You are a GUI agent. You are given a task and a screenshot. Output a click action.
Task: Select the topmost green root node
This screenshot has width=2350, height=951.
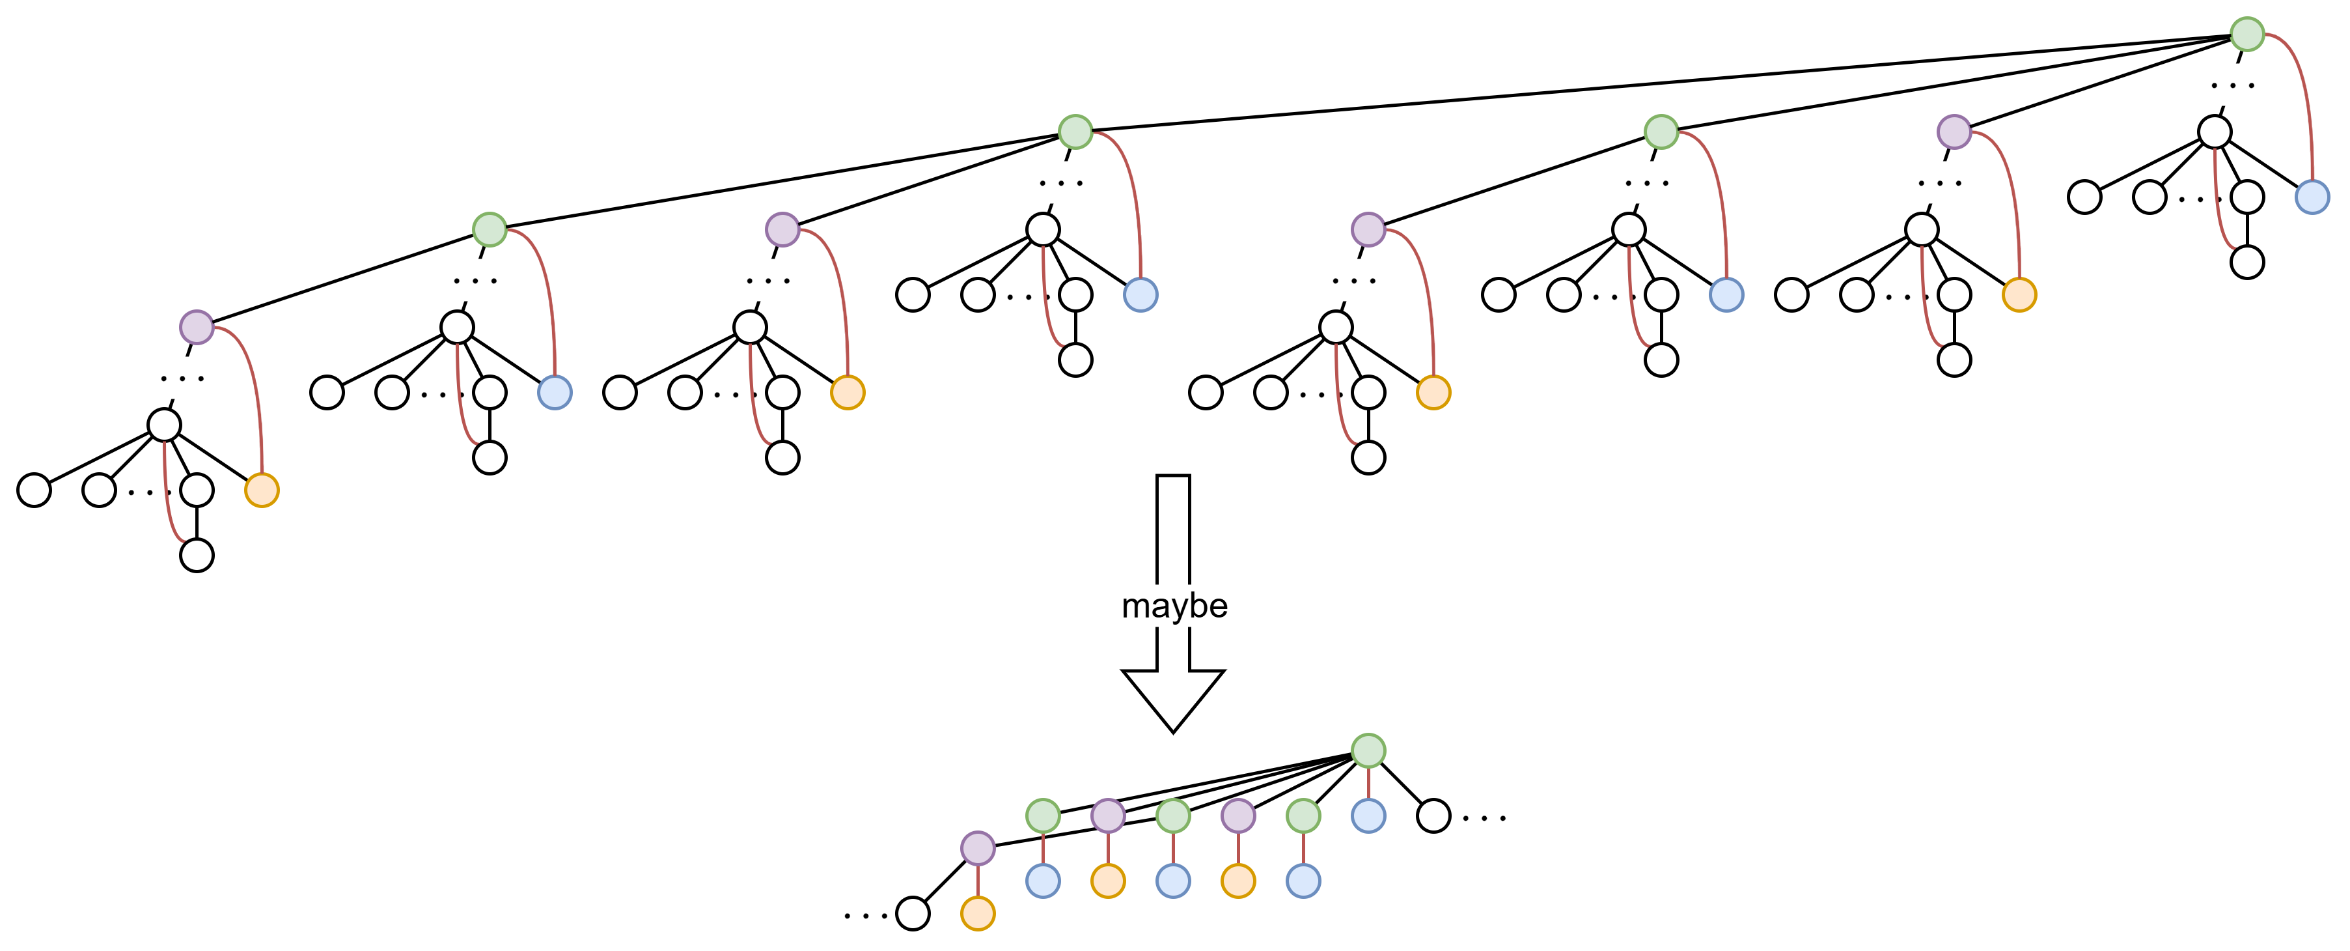2247,34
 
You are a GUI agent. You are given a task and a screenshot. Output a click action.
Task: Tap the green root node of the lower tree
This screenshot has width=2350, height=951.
1368,750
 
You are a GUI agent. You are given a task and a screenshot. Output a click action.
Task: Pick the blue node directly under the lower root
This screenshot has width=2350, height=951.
1368,815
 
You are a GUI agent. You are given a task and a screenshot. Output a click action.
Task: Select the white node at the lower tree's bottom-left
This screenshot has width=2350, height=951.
912,913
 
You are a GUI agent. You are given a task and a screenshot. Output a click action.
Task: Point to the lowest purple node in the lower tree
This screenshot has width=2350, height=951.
977,848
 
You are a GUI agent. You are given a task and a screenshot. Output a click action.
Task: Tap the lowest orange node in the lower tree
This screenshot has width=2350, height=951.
977,913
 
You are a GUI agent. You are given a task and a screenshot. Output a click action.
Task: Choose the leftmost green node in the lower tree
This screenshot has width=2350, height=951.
1043,815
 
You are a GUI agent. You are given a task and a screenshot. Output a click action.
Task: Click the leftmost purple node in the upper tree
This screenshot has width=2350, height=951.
196,327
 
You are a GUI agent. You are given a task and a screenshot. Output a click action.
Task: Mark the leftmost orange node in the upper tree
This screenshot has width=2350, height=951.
261,490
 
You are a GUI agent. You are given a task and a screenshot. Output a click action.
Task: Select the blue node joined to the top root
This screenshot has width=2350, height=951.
2312,196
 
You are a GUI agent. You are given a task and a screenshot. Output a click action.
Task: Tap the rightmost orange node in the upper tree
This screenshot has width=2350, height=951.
2019,294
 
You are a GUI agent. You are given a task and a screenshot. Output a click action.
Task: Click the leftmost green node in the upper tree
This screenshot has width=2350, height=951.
489,229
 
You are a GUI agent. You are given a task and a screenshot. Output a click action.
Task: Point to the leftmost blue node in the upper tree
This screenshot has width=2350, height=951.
554,392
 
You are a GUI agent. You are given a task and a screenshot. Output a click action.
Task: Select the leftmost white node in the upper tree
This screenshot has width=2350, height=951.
34,490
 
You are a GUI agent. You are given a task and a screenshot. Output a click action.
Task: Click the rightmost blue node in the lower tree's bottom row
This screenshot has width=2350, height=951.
1303,881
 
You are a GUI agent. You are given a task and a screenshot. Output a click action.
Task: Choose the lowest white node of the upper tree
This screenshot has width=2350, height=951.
196,555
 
